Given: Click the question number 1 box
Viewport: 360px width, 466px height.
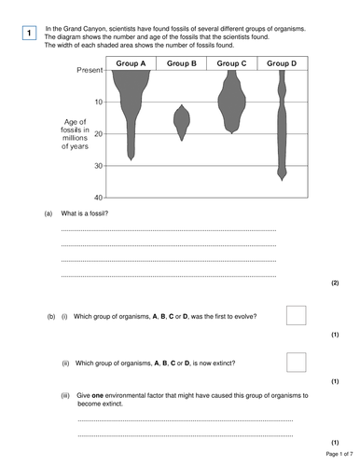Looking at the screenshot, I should (x=29, y=34).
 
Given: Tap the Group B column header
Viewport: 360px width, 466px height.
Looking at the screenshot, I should (x=182, y=63).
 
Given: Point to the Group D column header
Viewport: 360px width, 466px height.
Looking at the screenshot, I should (x=282, y=63).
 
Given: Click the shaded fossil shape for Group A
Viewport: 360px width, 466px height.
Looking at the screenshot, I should (x=132, y=103).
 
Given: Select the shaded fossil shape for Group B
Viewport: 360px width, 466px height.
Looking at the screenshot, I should (x=182, y=121).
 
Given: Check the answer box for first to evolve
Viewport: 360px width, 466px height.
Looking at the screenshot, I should (x=296, y=315).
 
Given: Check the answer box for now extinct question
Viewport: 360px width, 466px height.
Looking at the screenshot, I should (x=296, y=362).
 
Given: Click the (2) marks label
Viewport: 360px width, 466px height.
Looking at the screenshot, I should (x=335, y=282).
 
